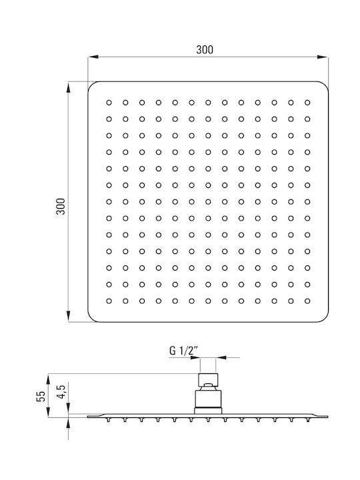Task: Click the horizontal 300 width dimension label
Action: click(x=205, y=49)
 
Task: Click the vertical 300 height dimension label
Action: click(x=61, y=206)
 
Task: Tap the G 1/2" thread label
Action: click(x=184, y=351)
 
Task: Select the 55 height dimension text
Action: click(x=41, y=396)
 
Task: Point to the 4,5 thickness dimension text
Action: click(x=61, y=391)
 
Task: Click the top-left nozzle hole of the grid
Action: click(x=109, y=103)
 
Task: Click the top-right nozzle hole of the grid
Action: click(x=307, y=103)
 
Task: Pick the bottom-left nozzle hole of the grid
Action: click(x=109, y=301)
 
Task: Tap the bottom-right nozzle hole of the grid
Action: click(x=307, y=301)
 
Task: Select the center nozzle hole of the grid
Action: click(x=208, y=202)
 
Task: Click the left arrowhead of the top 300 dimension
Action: click(x=93, y=57)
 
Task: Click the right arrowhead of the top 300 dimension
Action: click(x=323, y=57)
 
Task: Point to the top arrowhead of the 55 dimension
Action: click(x=48, y=379)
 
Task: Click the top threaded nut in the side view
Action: click(x=208, y=380)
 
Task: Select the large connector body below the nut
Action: click(x=208, y=399)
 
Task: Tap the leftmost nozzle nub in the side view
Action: click(x=109, y=420)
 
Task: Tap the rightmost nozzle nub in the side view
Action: click(x=307, y=420)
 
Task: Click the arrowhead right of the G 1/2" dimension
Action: click(x=221, y=357)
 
